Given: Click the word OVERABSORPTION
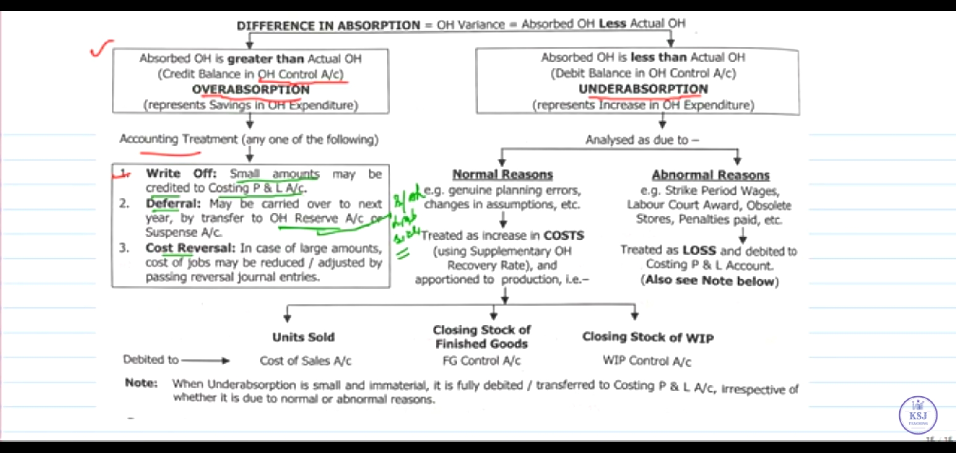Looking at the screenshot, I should click(251, 89).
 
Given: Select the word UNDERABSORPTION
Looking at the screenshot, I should click(643, 89).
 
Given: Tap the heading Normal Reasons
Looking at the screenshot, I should click(503, 174).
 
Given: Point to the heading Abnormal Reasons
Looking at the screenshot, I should click(711, 175).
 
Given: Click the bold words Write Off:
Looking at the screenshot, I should click(181, 174).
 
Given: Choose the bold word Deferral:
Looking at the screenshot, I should click(173, 204).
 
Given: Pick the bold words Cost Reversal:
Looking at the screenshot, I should click(190, 248).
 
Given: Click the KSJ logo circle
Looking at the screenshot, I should click(918, 415).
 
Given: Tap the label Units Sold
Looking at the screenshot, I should click(303, 337).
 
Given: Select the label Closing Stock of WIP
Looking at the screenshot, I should click(648, 337).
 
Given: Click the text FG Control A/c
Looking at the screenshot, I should click(481, 361).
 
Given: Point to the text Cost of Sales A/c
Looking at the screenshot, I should click(305, 361).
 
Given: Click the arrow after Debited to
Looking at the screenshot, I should click(205, 360).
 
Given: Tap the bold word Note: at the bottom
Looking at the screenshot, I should click(141, 383).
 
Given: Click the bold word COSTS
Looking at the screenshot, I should click(564, 236).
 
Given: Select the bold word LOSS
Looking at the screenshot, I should click(699, 250).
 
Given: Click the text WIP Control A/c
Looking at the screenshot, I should click(647, 361).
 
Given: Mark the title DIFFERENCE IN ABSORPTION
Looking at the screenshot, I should click(328, 26).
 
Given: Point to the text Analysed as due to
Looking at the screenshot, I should click(642, 140).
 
